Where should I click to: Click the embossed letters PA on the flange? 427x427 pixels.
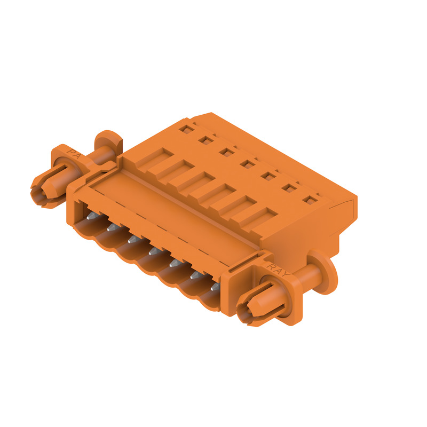tap(74, 154)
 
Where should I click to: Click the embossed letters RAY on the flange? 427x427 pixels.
tap(278, 270)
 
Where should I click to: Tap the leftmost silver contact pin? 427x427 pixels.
tap(92, 216)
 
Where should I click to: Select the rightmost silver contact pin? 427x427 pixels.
tap(215, 287)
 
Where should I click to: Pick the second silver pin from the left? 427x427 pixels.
tap(113, 228)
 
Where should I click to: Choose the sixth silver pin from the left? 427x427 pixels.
tap(195, 275)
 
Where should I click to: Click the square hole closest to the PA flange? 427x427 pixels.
tap(187, 129)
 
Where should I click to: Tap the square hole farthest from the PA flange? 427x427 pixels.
tap(310, 200)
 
